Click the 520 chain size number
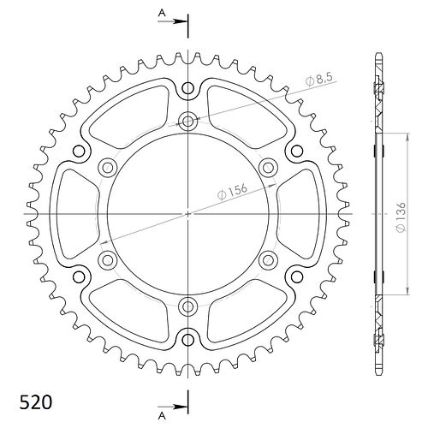click(36, 402)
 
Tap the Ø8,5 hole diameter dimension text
click(319, 80)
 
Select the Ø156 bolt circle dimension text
click(232, 192)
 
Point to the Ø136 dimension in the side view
click(401, 217)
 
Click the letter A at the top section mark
click(162, 13)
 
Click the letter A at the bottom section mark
click(162, 416)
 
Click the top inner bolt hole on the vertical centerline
click(187, 122)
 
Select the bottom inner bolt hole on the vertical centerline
click(187, 306)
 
